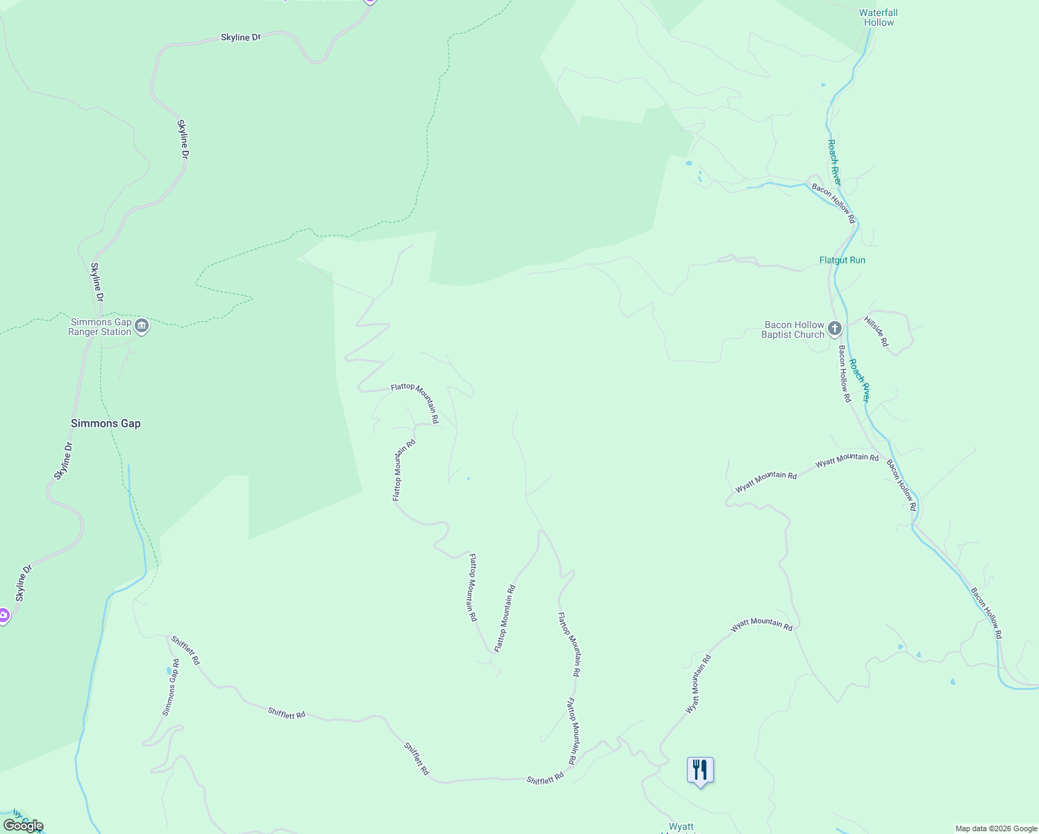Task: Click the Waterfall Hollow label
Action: click(879, 17)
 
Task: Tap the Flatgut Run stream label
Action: click(842, 261)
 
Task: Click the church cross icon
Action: click(835, 328)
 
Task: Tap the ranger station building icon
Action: click(142, 326)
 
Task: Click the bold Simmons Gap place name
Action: click(106, 423)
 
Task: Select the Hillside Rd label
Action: click(876, 332)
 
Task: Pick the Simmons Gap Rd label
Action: click(171, 687)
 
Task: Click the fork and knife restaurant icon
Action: click(700, 770)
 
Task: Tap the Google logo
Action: click(23, 826)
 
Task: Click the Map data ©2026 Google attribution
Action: click(996, 828)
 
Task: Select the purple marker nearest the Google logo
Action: click(3, 615)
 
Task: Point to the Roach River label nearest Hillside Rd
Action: click(860, 380)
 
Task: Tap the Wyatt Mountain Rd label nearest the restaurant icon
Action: click(699, 684)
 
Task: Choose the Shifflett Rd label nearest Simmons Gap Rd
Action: click(185, 651)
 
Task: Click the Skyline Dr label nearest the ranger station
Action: click(97, 281)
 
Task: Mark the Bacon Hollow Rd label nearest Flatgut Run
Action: click(833, 204)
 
